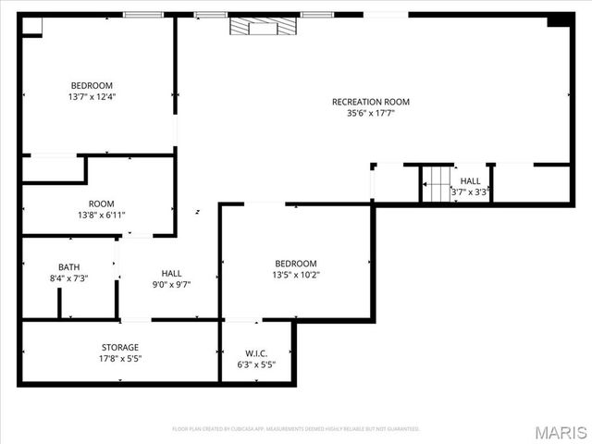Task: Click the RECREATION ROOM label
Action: point(370,102)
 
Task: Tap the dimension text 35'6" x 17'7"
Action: point(370,114)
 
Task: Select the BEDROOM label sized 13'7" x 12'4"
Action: point(92,85)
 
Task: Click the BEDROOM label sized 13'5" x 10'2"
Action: point(295,264)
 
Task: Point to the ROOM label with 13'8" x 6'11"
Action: point(102,203)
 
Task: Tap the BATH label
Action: point(69,266)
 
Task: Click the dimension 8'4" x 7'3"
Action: point(69,278)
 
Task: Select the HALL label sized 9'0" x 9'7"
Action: point(172,273)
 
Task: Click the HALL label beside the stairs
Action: point(470,181)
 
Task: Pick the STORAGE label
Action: point(120,347)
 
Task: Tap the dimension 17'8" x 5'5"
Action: point(120,359)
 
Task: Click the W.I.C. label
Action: point(256,352)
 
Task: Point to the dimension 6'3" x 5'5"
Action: point(256,364)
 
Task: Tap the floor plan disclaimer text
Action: point(296,429)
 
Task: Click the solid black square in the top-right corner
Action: point(560,21)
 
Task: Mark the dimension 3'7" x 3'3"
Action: point(469,192)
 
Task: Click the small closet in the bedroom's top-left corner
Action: point(32,26)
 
